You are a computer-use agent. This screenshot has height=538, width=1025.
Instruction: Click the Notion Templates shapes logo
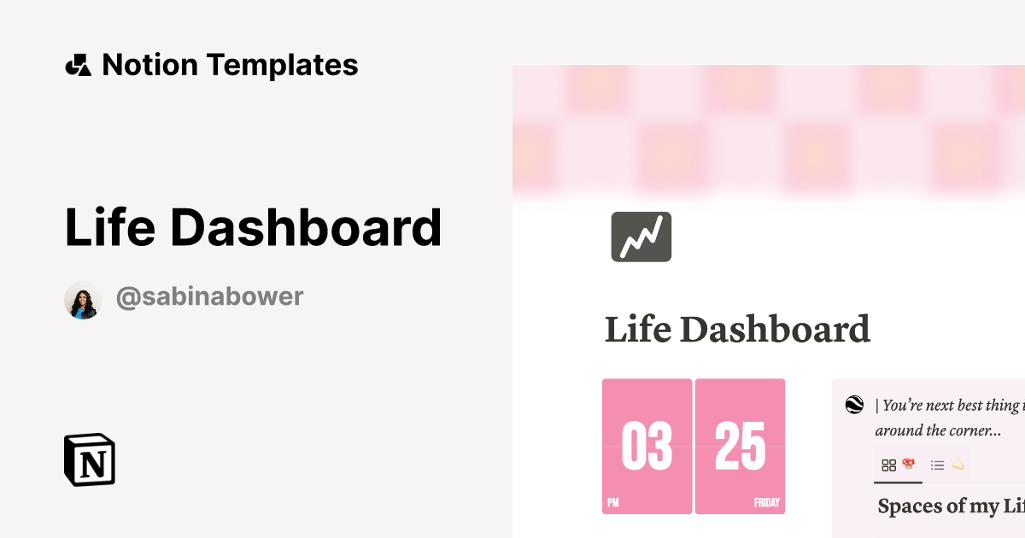(x=78, y=65)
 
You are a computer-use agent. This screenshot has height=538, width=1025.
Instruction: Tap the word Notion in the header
(x=149, y=65)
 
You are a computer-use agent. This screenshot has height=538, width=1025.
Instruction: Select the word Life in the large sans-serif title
(x=108, y=227)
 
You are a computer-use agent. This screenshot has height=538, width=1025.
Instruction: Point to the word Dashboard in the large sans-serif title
(x=306, y=227)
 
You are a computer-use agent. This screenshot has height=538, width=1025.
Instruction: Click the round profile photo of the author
(x=83, y=300)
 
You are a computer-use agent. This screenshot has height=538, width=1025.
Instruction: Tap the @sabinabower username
(x=209, y=297)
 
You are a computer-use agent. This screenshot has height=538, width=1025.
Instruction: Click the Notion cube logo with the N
(x=90, y=460)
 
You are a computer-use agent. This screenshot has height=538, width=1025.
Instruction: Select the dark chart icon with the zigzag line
(x=641, y=237)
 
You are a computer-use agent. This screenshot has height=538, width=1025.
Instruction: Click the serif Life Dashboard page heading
(x=737, y=330)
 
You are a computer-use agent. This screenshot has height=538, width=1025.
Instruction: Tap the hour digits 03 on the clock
(x=647, y=447)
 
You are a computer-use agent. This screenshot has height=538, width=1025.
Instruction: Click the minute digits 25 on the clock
(x=740, y=447)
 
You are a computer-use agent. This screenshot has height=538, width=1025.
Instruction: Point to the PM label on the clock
(x=613, y=503)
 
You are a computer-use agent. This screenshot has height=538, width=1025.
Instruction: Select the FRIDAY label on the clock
(x=766, y=503)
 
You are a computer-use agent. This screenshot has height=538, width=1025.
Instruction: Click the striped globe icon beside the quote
(x=854, y=405)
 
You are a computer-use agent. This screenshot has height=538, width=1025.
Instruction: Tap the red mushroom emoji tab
(x=909, y=464)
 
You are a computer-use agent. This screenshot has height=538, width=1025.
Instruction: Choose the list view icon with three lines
(x=937, y=465)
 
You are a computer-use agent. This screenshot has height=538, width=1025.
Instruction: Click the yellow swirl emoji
(x=958, y=465)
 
